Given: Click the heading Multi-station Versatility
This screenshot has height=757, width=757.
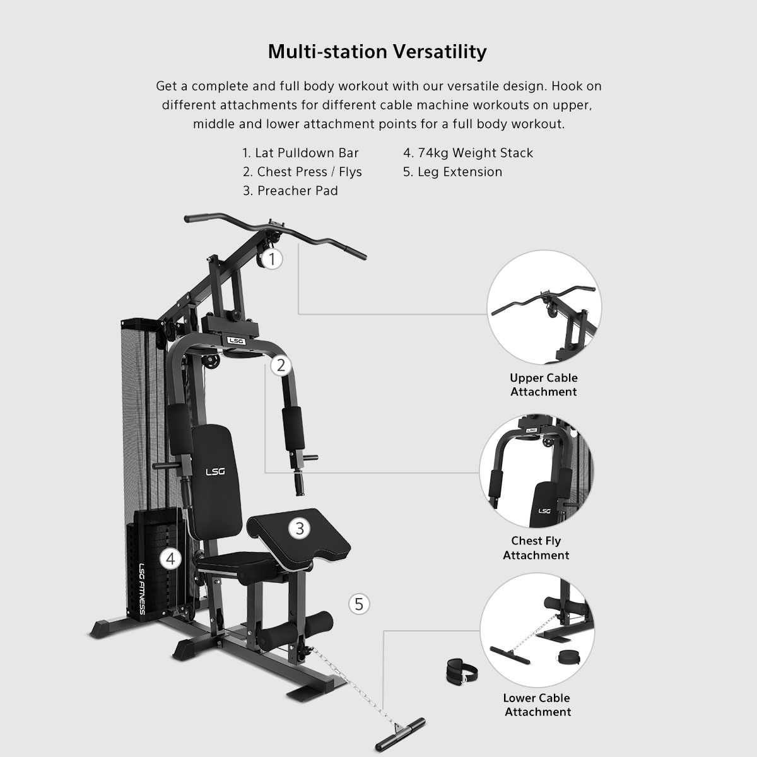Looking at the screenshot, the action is (377, 52).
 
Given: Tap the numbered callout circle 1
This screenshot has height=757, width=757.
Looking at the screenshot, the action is (272, 259).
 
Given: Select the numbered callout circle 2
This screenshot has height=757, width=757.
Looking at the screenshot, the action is (281, 365).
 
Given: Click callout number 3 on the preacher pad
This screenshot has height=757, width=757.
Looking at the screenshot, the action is (300, 529).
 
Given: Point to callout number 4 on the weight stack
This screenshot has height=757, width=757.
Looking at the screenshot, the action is (170, 559).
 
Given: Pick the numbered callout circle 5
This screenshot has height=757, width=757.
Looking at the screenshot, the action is (359, 604).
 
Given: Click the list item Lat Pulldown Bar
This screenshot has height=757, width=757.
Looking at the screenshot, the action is (300, 153).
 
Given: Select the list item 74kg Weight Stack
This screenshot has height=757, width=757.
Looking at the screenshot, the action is (468, 153).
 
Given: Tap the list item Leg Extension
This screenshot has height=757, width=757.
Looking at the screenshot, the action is (452, 172).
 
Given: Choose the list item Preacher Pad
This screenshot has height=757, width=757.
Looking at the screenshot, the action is (290, 191).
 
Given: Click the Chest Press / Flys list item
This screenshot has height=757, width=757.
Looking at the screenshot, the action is (302, 172).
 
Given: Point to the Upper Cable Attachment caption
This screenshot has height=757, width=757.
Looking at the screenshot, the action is (544, 385).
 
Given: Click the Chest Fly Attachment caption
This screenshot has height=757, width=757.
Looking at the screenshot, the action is (536, 548).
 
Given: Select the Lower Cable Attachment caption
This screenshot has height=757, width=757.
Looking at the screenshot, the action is (537, 705).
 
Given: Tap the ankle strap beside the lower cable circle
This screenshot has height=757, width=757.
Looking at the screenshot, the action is (461, 671).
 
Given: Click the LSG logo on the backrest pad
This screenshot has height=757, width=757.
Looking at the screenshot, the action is (215, 471).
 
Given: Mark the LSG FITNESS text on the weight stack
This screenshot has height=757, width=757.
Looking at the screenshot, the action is (142, 589).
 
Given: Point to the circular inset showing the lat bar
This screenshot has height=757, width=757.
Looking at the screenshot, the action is (544, 307).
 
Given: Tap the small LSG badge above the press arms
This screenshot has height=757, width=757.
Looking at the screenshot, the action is (236, 341).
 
